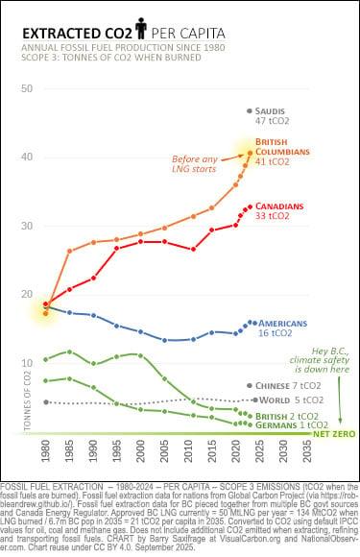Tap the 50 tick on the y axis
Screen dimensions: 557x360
pyautogui.click(x=27, y=88)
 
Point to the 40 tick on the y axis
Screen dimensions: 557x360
pyautogui.click(x=27, y=157)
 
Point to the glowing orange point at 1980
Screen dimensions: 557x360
pyautogui.click(x=46, y=308)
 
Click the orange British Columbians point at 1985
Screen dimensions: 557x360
pyautogui.click(x=69, y=252)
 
